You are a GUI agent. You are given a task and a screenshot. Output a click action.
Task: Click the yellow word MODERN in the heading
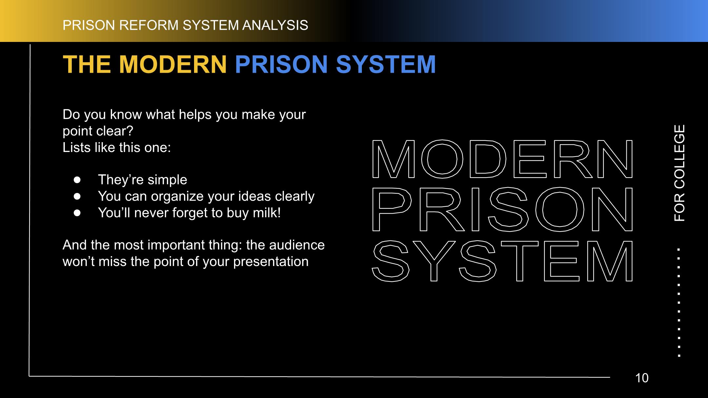tap(173, 64)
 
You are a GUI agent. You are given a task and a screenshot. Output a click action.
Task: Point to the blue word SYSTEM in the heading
tap(386, 64)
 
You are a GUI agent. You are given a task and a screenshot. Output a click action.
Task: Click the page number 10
tap(642, 378)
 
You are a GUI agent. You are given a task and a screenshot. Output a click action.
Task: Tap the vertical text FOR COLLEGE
tap(679, 173)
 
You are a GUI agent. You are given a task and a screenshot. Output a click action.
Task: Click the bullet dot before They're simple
tap(77, 180)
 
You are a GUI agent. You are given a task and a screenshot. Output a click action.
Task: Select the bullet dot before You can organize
tap(77, 196)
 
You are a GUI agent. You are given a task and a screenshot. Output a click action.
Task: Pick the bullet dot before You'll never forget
tap(77, 213)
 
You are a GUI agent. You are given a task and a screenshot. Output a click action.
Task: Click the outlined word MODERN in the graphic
tap(502, 159)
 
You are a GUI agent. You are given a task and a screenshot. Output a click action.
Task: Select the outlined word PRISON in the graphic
tap(502, 209)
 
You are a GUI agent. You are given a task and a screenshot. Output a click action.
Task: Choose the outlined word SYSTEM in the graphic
tap(502, 261)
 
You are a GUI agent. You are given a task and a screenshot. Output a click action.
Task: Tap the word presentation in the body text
tap(271, 262)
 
